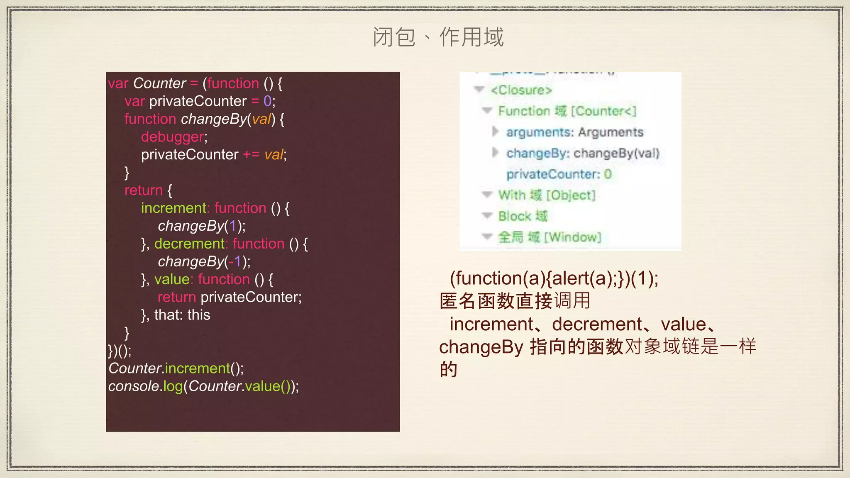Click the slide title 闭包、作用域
438,37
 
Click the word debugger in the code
173,137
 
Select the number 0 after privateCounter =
267,101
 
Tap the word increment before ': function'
174,208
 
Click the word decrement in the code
189,244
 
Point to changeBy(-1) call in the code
204,261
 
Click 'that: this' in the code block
182,315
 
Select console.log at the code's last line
145,386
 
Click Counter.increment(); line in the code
176,368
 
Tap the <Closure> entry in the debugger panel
521,90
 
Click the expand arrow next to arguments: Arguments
495,132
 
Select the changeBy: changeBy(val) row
582,153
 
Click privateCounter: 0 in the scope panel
559,174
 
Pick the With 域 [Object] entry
547,195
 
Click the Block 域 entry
523,216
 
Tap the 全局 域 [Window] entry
549,237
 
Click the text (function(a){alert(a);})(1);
554,278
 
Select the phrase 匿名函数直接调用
515,301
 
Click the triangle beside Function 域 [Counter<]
487,110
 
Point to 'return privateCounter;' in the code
230,297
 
